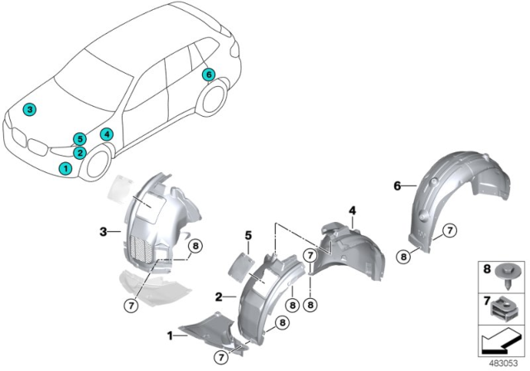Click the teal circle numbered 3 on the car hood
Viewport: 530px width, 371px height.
point(29,109)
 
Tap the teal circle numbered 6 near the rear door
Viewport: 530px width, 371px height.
point(208,75)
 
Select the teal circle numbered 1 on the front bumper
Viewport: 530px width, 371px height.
point(65,168)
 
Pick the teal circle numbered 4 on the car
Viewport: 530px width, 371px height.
point(106,134)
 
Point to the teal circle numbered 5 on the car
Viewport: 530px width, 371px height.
point(79,139)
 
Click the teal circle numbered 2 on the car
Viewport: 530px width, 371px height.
point(79,152)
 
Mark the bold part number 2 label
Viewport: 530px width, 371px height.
point(217,295)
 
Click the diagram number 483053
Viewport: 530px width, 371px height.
point(507,363)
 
